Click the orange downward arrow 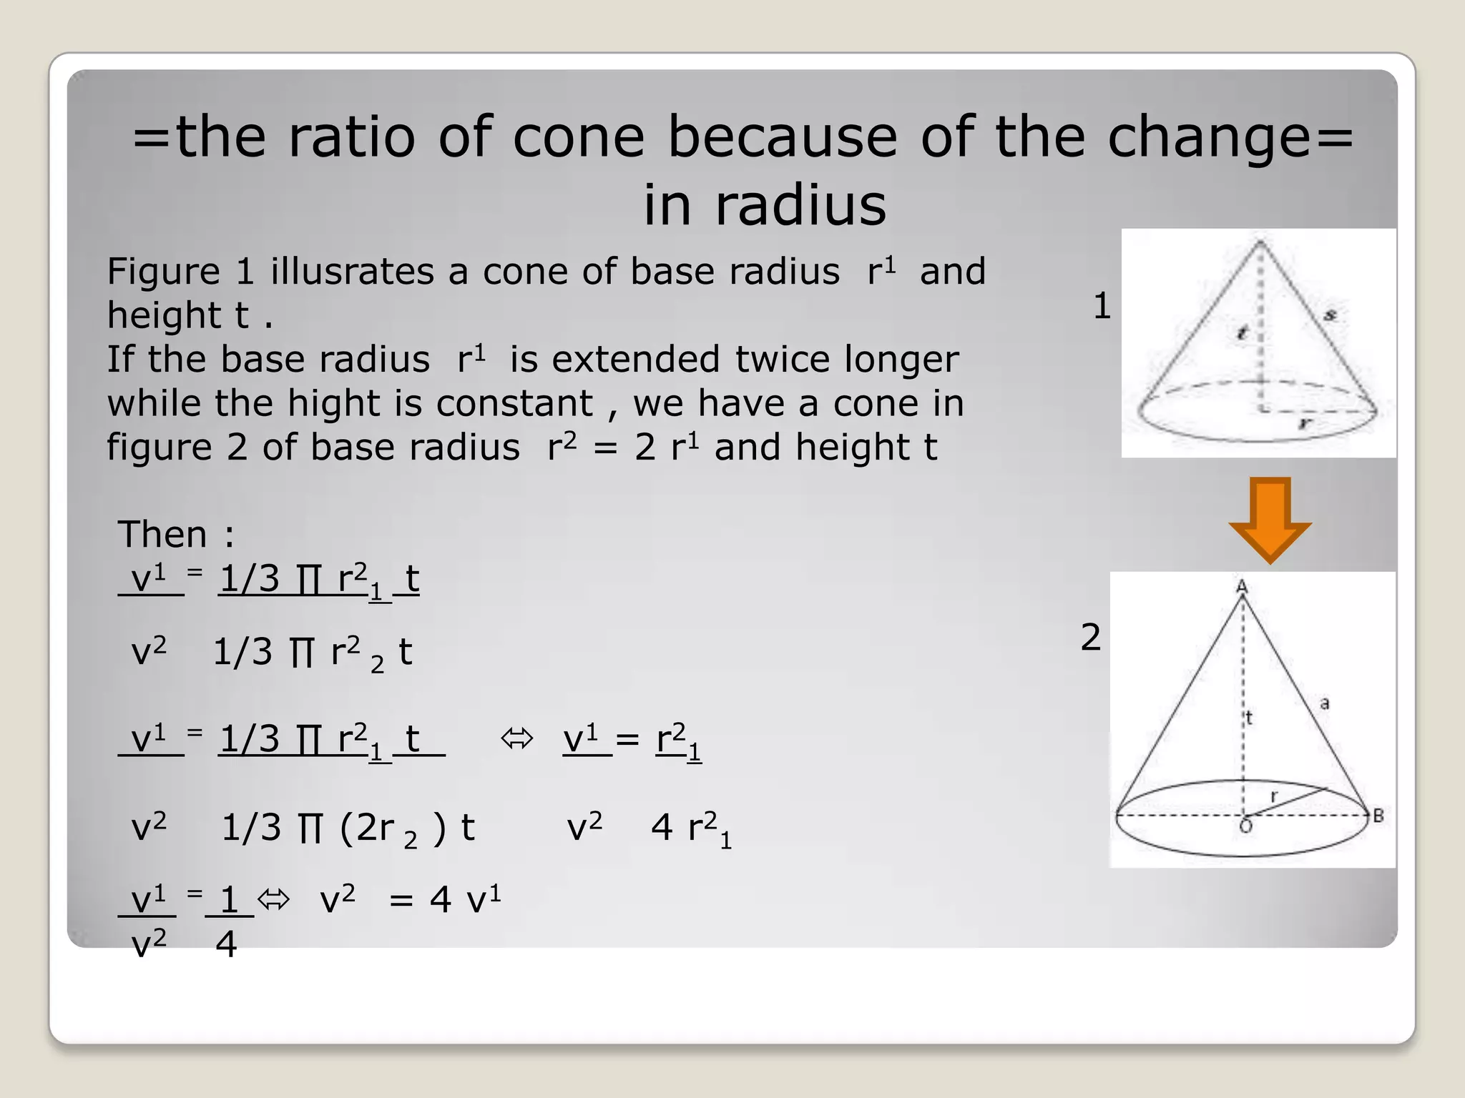(x=1270, y=520)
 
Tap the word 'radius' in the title (x=800, y=204)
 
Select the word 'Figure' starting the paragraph (x=163, y=272)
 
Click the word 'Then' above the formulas (x=162, y=534)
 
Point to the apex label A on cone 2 (x=1243, y=587)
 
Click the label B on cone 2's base (x=1378, y=816)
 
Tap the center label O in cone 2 (x=1245, y=827)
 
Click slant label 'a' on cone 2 (x=1325, y=703)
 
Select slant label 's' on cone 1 (x=1331, y=314)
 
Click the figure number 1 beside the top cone (x=1102, y=306)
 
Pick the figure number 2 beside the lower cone (x=1090, y=637)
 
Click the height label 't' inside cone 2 (x=1249, y=718)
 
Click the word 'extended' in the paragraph (x=635, y=360)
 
